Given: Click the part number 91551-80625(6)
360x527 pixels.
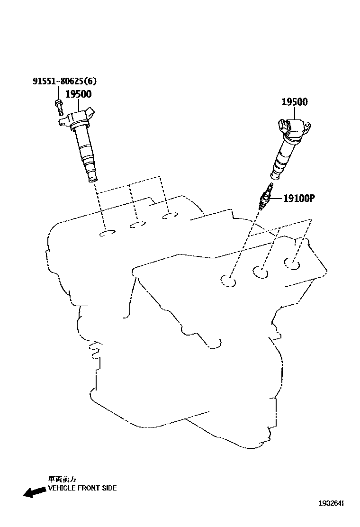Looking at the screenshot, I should click(61, 82).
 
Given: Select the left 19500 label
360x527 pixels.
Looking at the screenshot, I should click(78, 94).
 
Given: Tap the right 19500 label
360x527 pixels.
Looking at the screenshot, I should click(295, 102).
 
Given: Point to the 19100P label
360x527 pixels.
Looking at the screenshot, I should click(299, 199).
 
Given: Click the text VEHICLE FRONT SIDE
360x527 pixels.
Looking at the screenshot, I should click(82, 488).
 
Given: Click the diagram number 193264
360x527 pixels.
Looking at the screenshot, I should click(330, 502).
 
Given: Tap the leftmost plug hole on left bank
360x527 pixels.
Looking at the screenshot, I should click(108, 233).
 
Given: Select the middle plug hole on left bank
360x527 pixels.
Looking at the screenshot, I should click(138, 225).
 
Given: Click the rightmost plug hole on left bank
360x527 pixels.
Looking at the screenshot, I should click(169, 217).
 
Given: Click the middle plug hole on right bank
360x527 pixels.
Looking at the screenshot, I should click(261, 271).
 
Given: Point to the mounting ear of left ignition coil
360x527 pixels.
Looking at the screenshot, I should click(63, 122).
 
